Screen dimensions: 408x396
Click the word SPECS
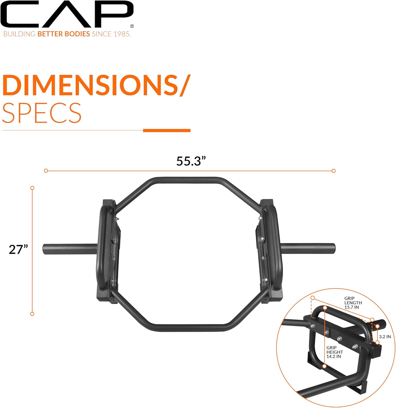[x=42, y=113]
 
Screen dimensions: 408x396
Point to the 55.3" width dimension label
[x=190, y=161]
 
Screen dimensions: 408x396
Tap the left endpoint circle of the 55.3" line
[x=46, y=171]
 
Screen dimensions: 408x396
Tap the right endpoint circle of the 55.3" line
[x=334, y=171]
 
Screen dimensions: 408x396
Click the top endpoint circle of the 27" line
[x=32, y=188]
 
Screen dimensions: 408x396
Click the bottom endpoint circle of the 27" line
[x=32, y=314]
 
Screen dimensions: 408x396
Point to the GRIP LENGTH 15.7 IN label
[x=353, y=303]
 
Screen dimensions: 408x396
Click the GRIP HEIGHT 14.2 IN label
[x=335, y=352]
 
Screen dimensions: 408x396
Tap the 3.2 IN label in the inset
[x=385, y=337]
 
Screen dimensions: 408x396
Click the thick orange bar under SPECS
[x=167, y=131]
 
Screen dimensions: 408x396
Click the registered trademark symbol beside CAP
[x=132, y=26]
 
